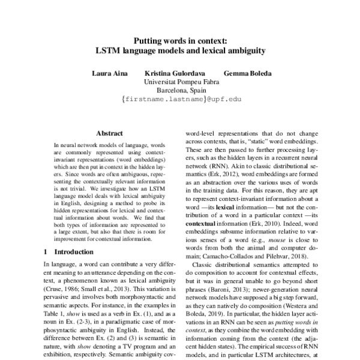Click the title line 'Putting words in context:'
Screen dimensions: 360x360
179,40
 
